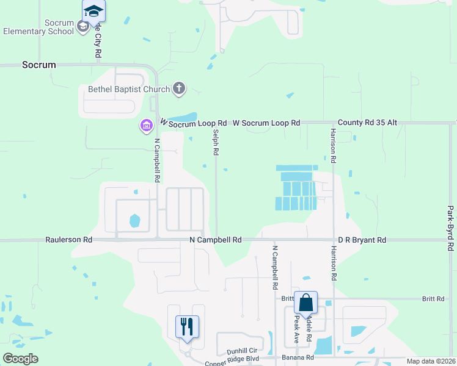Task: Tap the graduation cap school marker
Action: pyautogui.click(x=93, y=12)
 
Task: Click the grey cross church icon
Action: pyautogui.click(x=179, y=89)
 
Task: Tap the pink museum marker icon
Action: pyautogui.click(x=146, y=126)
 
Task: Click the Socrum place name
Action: pyautogui.click(x=39, y=64)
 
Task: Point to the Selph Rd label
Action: pyautogui.click(x=215, y=142)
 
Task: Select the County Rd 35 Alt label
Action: pyautogui.click(x=367, y=123)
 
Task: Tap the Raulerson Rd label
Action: pyautogui.click(x=69, y=240)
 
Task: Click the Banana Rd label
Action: pyautogui.click(x=297, y=358)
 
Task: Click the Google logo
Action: pyautogui.click(x=20, y=359)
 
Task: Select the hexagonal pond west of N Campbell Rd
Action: pyautogui.click(x=134, y=220)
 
